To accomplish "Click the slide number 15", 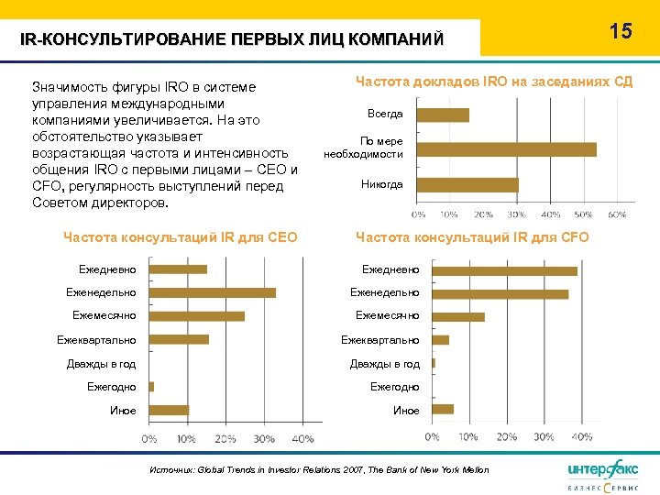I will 621,31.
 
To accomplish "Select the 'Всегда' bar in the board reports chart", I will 444,115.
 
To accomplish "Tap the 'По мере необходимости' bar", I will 508,149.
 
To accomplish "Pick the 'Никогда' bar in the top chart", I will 468,184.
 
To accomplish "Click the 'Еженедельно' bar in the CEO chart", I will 213,292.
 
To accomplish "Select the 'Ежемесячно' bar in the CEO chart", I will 197,315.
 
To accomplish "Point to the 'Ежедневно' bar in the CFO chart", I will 504,270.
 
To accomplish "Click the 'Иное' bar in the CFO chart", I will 443,409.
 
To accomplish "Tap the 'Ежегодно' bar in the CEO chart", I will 151,387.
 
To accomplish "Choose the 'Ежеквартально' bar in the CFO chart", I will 440,340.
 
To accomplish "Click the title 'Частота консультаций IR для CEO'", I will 180,238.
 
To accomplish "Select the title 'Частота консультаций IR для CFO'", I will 472,238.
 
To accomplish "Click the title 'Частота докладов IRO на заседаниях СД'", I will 493,82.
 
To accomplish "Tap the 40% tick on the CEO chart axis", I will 302,439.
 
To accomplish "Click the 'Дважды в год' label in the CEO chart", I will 101,364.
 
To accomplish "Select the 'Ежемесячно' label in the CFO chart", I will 388,316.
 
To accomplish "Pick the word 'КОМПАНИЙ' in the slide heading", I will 403,39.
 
